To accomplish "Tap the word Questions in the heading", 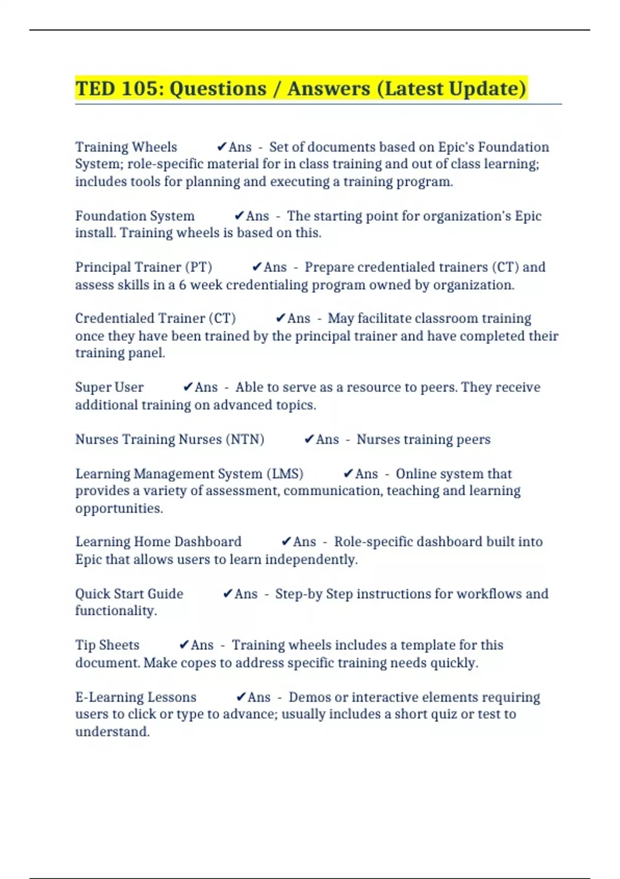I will tap(218, 88).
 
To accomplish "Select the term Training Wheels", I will tap(126, 147).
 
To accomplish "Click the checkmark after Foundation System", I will tap(239, 216).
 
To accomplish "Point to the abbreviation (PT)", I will tap(198, 267).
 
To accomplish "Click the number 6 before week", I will tap(182, 285).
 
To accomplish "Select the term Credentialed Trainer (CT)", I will tap(156, 319).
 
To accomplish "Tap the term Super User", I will tap(109, 387).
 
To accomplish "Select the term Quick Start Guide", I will tap(129, 594).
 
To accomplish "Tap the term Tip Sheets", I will tap(107, 645).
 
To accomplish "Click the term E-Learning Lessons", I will tap(136, 697).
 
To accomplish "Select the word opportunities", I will tap(119, 508).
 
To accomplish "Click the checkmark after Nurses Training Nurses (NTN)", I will tap(309, 439).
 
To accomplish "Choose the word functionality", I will tap(116, 611).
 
